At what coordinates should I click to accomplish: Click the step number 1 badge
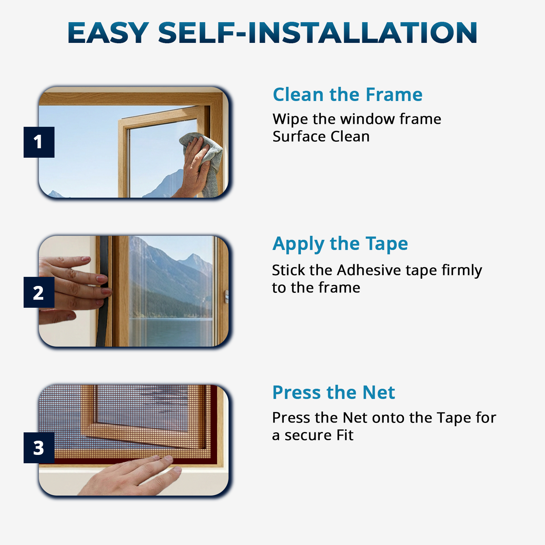[x=39, y=142]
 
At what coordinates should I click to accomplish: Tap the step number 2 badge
[x=39, y=292]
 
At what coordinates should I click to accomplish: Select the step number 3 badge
[x=39, y=448]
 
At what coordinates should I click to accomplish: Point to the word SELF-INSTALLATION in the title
[x=318, y=33]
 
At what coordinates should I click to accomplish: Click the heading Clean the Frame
[x=348, y=94]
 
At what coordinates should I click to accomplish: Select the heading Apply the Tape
[x=340, y=244]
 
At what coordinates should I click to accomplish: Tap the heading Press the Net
[x=334, y=392]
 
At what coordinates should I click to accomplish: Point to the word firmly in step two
[x=462, y=271]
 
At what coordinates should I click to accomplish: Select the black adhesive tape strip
[x=103, y=291]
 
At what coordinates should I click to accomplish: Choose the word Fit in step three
[x=345, y=435]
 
